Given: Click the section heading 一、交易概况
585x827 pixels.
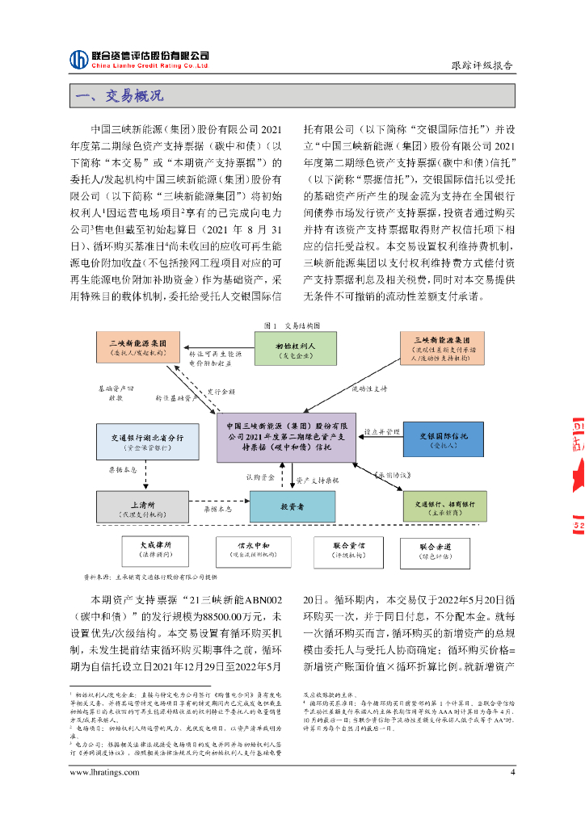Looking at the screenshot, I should click(x=119, y=95).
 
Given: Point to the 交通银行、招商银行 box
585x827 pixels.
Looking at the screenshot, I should click(x=444, y=506).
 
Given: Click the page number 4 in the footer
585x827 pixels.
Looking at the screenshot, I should click(x=512, y=771).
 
